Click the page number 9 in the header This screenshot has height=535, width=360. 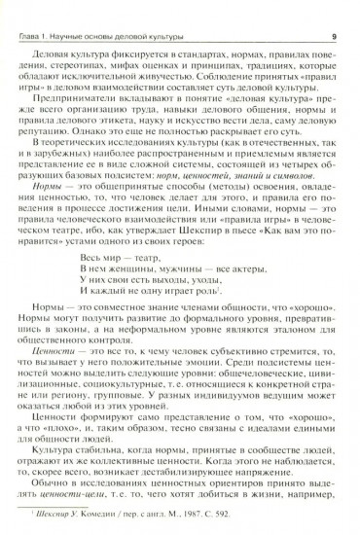334,12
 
